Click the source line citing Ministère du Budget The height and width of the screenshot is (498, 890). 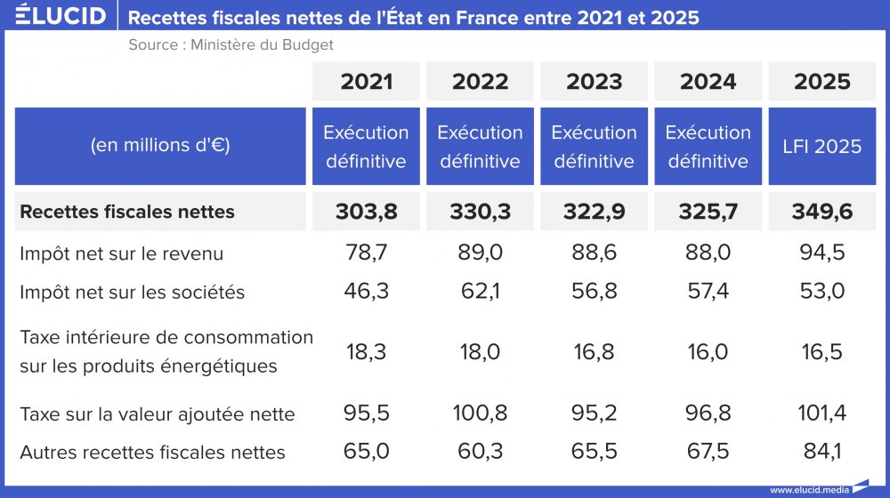231,44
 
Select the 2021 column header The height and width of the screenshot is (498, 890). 367,82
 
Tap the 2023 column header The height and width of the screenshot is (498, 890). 595,82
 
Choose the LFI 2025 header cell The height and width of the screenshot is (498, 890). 822,147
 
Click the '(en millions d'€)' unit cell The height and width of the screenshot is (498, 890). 160,147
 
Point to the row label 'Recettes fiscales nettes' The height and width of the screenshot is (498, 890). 127,212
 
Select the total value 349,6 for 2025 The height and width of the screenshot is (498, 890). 822,212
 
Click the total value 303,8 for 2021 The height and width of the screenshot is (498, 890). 367,212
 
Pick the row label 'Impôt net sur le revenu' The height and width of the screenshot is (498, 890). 121,253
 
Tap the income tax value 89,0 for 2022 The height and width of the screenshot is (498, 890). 481,253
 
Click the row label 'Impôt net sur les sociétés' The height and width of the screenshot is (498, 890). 132,292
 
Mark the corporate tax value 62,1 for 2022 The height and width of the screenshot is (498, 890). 481,292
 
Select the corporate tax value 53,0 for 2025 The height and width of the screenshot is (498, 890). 822,292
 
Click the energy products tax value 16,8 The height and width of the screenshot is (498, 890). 595,351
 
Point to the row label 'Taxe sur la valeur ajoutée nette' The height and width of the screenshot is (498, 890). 157,414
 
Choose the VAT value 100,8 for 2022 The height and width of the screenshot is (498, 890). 481,414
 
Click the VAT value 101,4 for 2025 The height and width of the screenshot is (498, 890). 822,414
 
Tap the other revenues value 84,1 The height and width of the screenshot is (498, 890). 822,452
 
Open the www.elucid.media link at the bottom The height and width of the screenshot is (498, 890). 809,489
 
